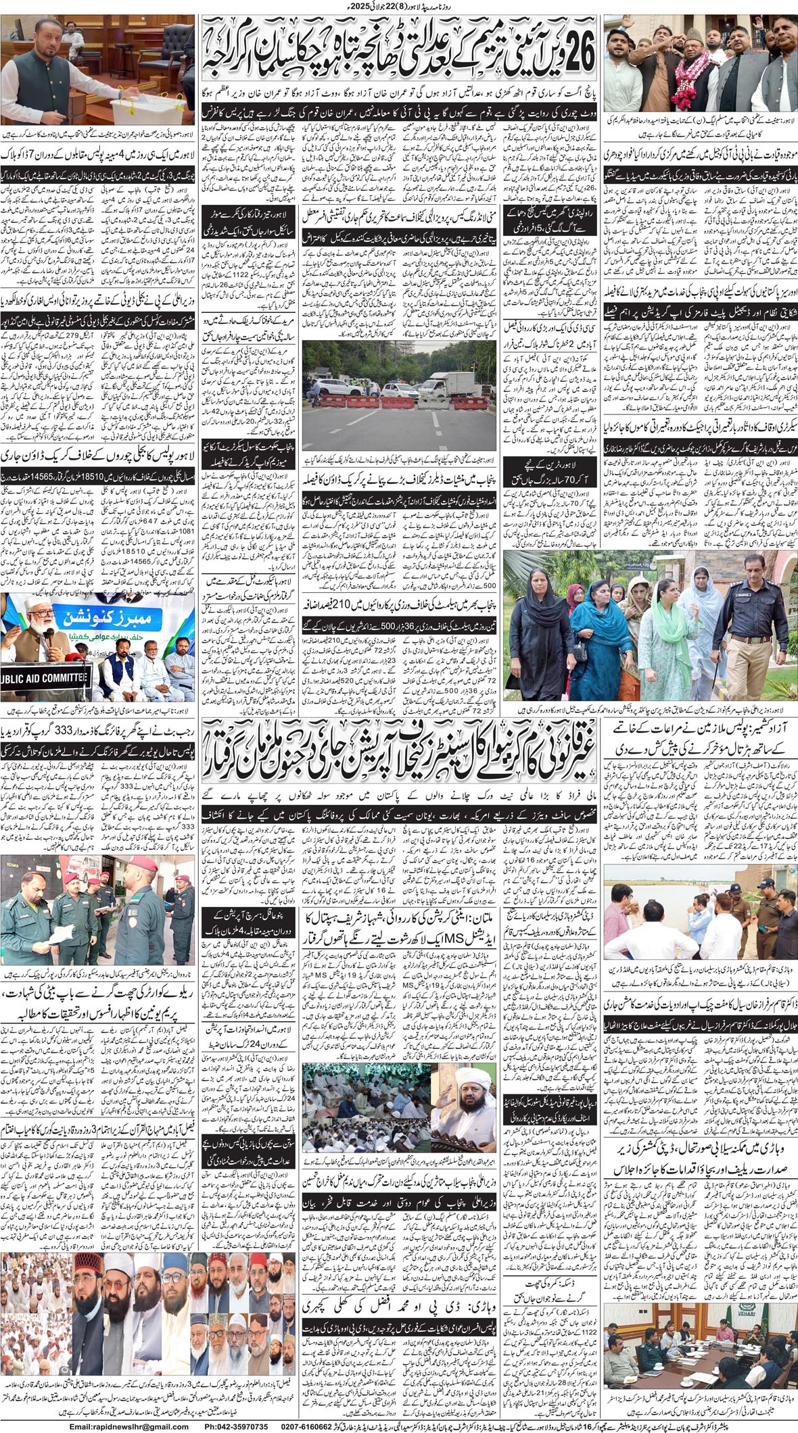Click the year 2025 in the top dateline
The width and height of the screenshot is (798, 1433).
(x=369, y=7)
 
